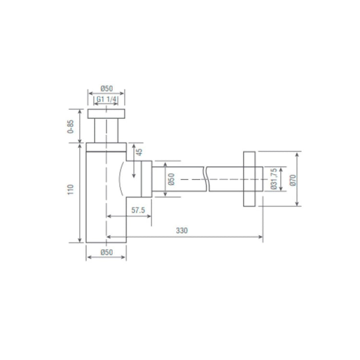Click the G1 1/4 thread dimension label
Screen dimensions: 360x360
tap(106, 99)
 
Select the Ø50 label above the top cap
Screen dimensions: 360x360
tap(107, 88)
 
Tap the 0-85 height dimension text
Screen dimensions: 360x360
tap(71, 127)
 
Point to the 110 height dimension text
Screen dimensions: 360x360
tap(71, 190)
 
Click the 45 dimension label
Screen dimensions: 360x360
tap(139, 152)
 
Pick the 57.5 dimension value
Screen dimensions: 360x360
tap(138, 210)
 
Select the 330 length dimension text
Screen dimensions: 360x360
tap(182, 230)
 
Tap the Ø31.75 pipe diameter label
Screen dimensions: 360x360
tap(274, 179)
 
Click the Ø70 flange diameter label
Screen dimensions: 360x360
tap(293, 180)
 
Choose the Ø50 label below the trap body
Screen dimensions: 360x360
tap(107, 252)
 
